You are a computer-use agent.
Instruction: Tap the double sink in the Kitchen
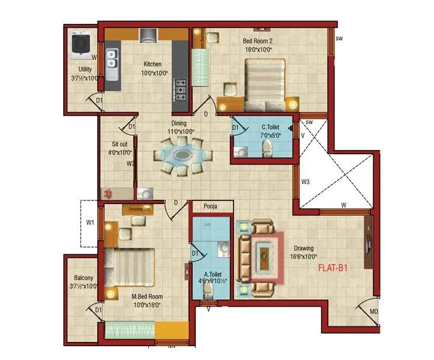tap(112, 59)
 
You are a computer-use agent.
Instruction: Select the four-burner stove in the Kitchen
tap(179, 89)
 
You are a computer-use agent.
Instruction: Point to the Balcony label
tap(83, 278)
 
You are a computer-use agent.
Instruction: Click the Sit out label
tap(120, 144)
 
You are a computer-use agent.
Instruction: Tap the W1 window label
tap(91, 223)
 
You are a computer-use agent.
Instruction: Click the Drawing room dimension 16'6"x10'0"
tap(304, 256)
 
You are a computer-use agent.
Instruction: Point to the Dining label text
tap(179, 123)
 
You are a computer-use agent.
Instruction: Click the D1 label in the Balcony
tap(98, 309)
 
